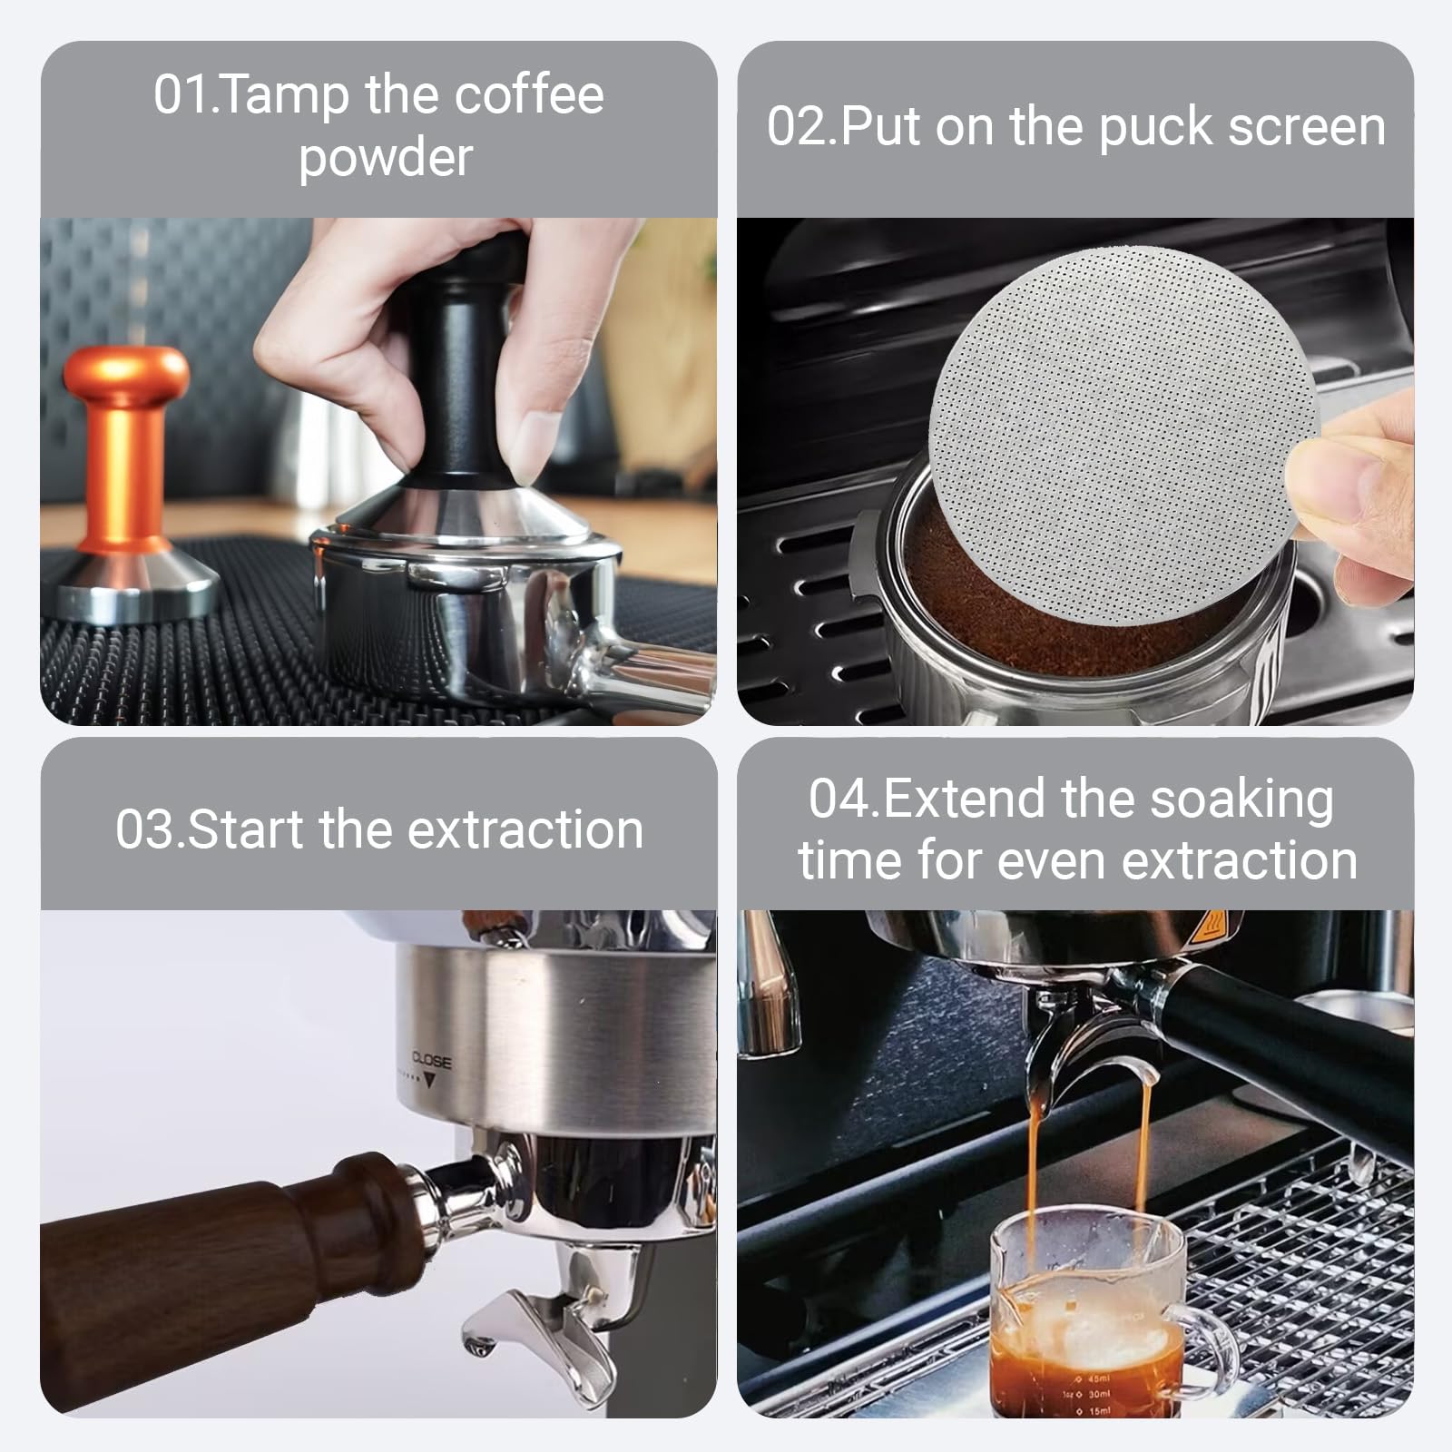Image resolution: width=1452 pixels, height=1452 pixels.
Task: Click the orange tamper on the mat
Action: click(x=127, y=472)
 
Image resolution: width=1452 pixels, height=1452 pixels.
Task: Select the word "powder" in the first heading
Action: click(x=386, y=158)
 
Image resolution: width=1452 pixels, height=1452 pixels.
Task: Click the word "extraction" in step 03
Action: click(x=525, y=829)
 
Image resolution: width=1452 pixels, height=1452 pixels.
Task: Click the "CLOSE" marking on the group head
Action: click(x=431, y=1059)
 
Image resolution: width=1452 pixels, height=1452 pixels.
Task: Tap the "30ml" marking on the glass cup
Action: click(x=1098, y=1394)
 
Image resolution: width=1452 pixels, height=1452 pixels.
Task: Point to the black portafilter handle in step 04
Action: click(x=1289, y=1044)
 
